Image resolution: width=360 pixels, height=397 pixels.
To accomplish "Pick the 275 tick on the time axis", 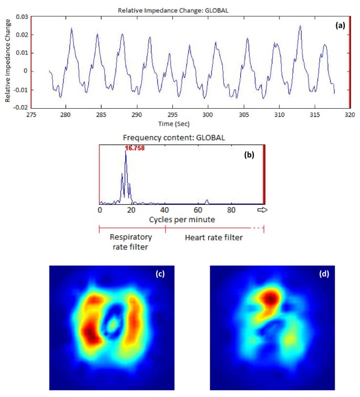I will coord(32,114).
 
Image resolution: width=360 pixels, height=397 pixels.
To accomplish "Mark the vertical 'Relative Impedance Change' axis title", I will coord(7,61).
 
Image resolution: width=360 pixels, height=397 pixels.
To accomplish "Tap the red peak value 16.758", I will coord(135,149).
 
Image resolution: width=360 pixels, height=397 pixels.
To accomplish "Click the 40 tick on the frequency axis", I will coord(165,210).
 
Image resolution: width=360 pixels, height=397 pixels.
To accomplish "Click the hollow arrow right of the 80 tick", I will coord(262,210).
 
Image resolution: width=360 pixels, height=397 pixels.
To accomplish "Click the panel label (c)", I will coord(158,274).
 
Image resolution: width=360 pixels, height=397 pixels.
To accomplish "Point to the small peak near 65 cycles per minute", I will coord(207,201).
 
